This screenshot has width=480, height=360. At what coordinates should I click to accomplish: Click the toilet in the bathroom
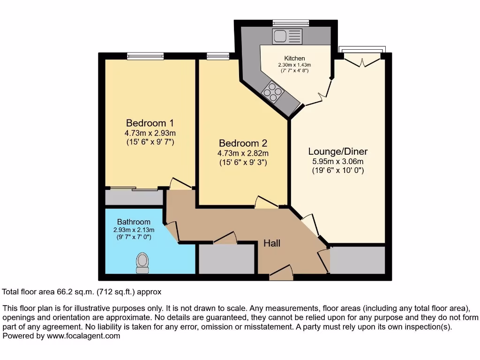pos(142,262)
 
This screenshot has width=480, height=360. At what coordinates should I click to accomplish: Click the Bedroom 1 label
pos(150,123)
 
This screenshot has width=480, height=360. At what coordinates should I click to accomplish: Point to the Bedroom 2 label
pos(243,143)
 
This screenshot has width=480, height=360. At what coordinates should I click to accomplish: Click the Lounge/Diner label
pos(337,151)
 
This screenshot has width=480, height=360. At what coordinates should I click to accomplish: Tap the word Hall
pos(272,243)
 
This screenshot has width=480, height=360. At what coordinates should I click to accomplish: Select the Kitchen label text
pos(294,59)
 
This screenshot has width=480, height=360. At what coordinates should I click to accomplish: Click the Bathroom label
pos(134,222)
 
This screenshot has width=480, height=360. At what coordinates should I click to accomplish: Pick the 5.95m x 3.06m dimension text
pos(337,162)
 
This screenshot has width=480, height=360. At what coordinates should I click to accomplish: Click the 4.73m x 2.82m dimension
pos(243,153)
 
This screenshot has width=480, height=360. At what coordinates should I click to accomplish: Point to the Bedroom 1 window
pos(145,56)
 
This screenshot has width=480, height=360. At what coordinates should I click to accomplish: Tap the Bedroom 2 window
pos(215,56)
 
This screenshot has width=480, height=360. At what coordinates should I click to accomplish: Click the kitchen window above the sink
pos(291,22)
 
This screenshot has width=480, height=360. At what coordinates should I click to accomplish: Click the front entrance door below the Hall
pos(281,274)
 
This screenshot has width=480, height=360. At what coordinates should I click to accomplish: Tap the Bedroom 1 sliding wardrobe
pos(134,197)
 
